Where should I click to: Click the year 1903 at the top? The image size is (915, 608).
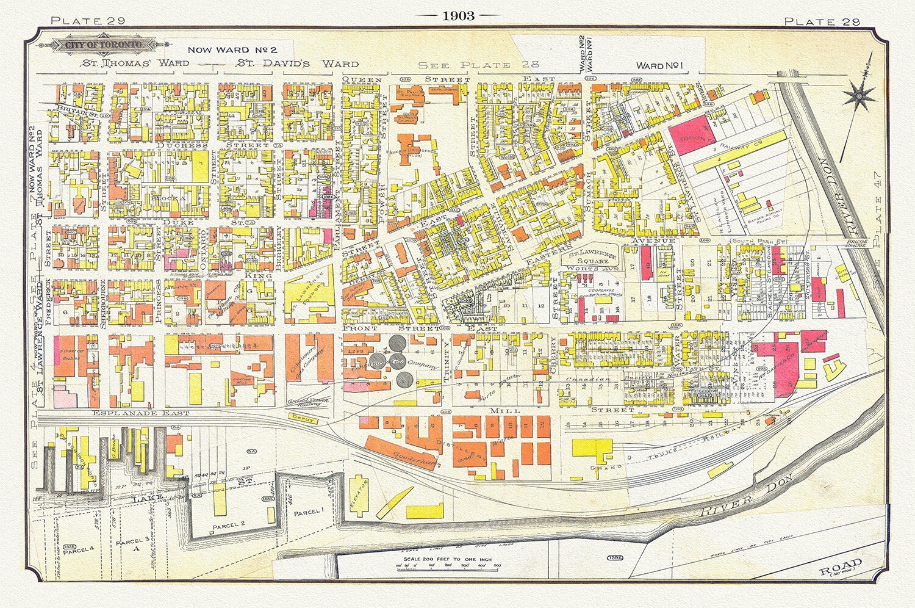[x=459, y=16]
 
